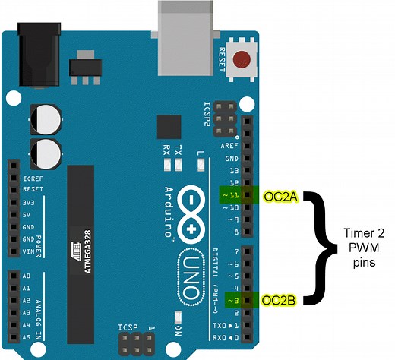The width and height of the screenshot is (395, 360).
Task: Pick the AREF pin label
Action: pyautogui.click(x=229, y=145)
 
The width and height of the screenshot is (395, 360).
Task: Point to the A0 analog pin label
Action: pyautogui.click(x=27, y=276)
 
